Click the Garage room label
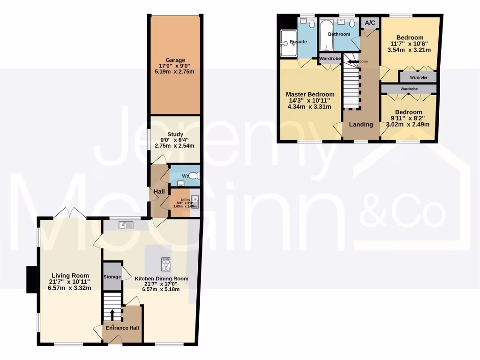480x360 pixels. click(x=175, y=60)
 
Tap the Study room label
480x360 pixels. click(x=175, y=135)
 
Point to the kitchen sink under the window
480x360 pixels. click(x=126, y=225)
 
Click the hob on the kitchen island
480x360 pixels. click(x=166, y=264)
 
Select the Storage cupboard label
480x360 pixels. click(x=112, y=277)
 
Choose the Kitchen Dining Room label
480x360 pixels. click(x=162, y=278)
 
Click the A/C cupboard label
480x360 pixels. click(x=370, y=22)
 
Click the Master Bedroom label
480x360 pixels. click(x=310, y=94)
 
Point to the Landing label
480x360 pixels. click(x=361, y=124)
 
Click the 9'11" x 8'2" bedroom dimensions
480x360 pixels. click(x=408, y=124)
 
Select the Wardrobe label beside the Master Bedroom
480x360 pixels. click(x=330, y=59)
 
